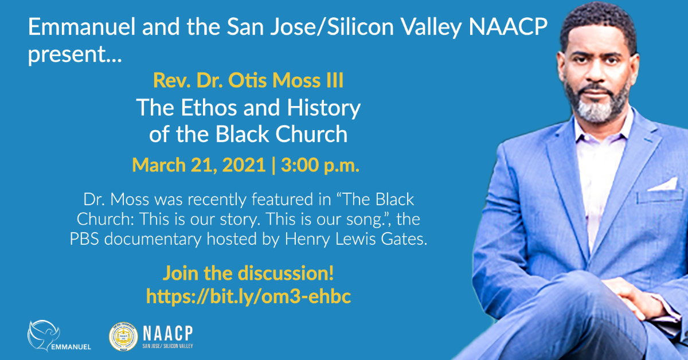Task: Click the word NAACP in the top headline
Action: pyautogui.click(x=508, y=27)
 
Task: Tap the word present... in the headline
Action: pyautogui.click(x=75, y=55)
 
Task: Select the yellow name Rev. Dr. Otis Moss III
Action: pyautogui.click(x=248, y=80)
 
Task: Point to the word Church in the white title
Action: pyautogui.click(x=311, y=134)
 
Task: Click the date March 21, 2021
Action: pyautogui.click(x=199, y=165)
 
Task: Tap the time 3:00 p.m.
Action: pyautogui.click(x=320, y=166)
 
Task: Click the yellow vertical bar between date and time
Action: pyautogui.click(x=273, y=166)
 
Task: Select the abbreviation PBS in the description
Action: pyautogui.click(x=84, y=239)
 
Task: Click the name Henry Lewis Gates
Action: pyautogui.click(x=356, y=239)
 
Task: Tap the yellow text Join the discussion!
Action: pyautogui.click(x=248, y=273)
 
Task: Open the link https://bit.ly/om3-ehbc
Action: pyautogui.click(x=248, y=296)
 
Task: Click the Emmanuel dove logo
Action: pyautogui.click(x=43, y=335)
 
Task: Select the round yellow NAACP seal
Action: pyautogui.click(x=123, y=336)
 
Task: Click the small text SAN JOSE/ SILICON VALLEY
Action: pyautogui.click(x=167, y=346)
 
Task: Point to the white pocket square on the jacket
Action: pyautogui.click(x=663, y=185)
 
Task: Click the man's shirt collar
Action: pyautogui.click(x=602, y=129)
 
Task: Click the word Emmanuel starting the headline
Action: pyautogui.click(x=81, y=27)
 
